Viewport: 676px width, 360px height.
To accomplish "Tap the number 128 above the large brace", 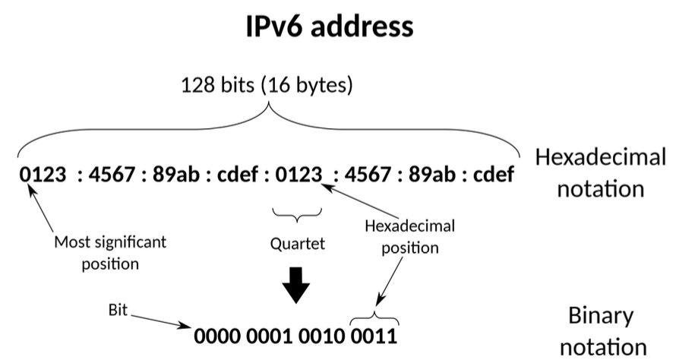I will point(196,84).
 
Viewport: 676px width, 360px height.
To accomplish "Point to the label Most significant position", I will point(110,253).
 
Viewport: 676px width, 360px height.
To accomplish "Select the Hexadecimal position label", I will point(410,237).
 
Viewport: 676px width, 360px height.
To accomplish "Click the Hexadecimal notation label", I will point(600,172).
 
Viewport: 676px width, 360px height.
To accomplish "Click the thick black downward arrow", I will point(296,286).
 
